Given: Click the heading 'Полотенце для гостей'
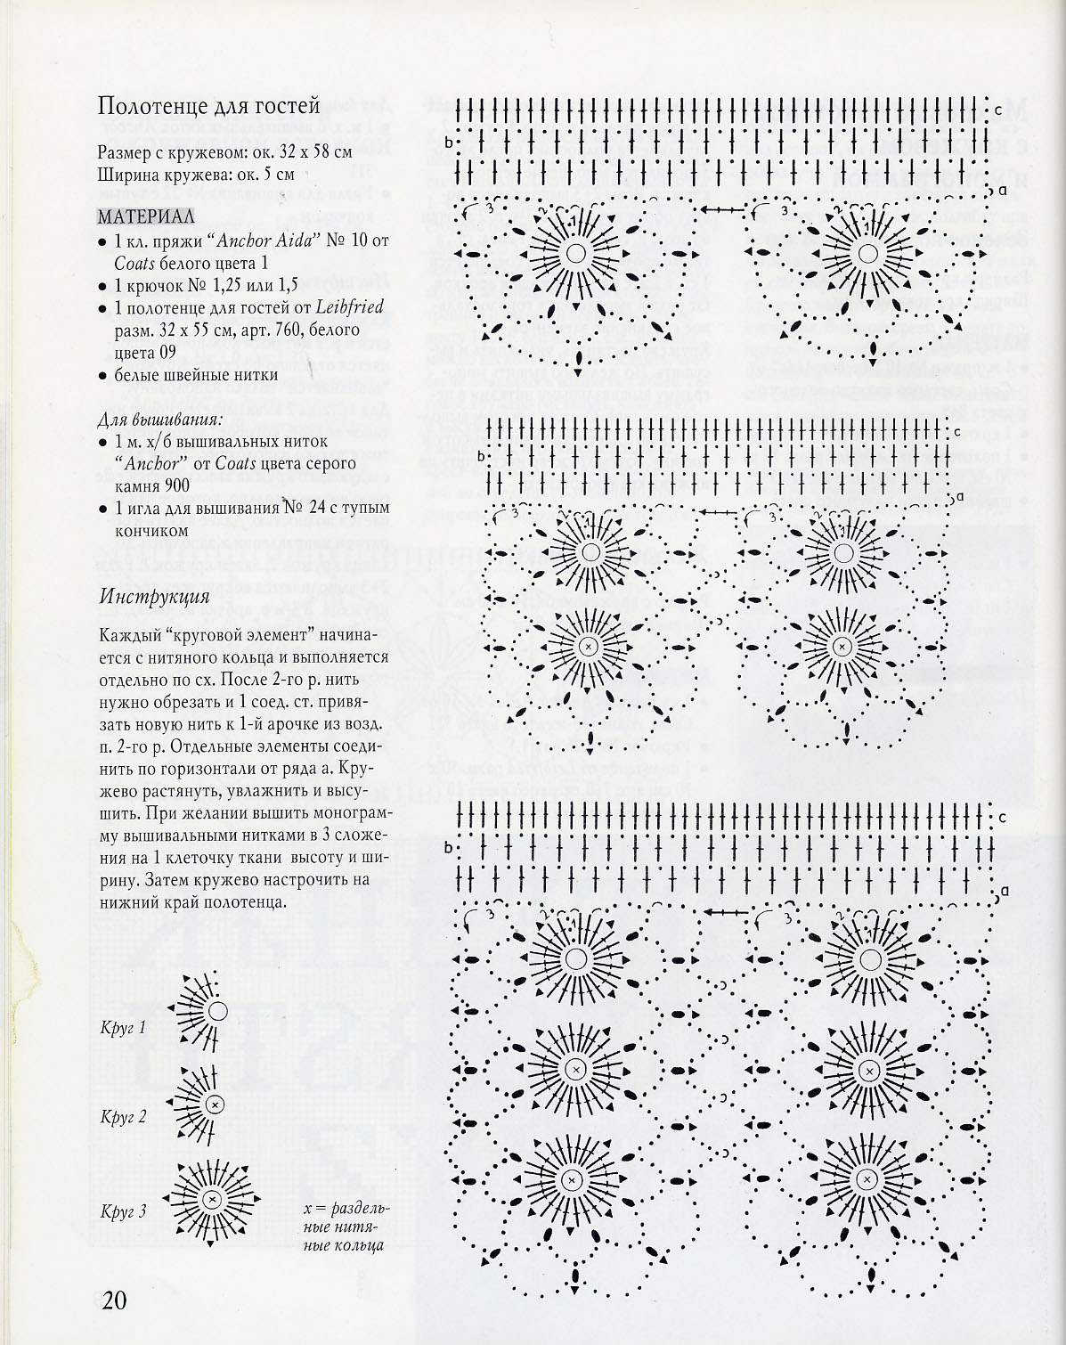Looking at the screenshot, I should click(x=208, y=107).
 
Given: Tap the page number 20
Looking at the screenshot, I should click(x=114, y=1300).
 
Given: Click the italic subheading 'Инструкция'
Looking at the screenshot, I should click(x=155, y=596).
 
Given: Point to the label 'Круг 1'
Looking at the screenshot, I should click(x=123, y=1028).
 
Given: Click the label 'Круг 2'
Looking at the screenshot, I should click(x=123, y=1116).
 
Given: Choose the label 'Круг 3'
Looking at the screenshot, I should click(x=123, y=1210).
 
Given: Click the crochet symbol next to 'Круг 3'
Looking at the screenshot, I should click(x=212, y=1199).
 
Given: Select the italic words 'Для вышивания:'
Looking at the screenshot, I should click(x=160, y=419).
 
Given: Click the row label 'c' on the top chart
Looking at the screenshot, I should click(x=999, y=110).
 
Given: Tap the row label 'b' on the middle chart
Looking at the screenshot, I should click(x=482, y=457).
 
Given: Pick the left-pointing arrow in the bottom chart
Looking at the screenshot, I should click(x=728, y=912).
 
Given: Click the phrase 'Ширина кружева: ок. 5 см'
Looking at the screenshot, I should click(x=196, y=174).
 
